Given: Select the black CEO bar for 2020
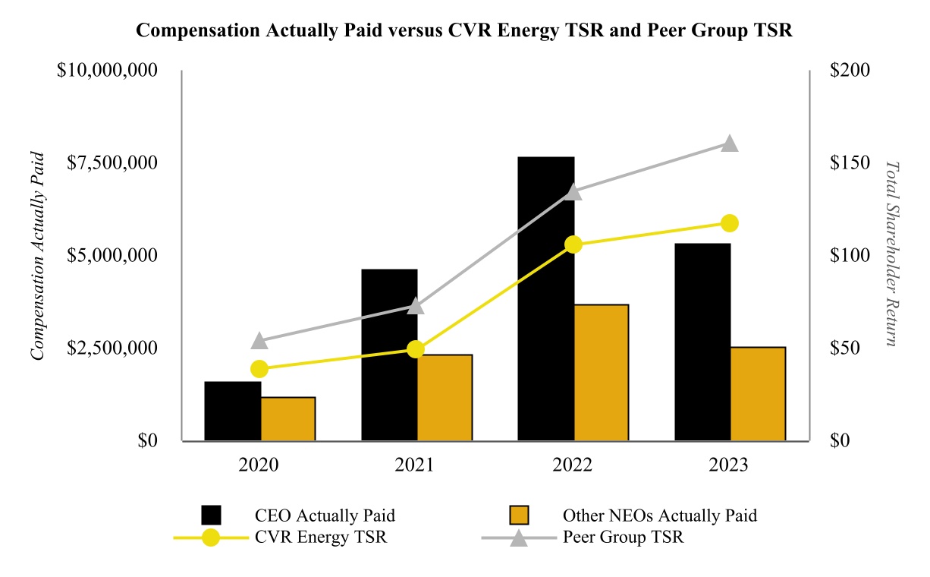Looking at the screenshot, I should (233, 411).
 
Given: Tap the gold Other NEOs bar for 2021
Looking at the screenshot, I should (445, 397).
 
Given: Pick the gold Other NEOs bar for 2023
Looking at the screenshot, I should (758, 393).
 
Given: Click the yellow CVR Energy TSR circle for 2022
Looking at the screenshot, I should (573, 244).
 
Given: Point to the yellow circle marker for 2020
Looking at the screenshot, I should (259, 369).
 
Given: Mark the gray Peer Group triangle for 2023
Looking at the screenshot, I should (729, 143).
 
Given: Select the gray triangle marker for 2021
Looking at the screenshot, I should (416, 306).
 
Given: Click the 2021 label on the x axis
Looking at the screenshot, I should (415, 465).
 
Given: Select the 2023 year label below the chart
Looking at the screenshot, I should (728, 465).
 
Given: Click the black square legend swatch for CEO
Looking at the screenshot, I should (212, 516).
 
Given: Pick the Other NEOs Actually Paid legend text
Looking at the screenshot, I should (659, 516).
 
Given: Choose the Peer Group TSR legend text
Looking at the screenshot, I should (623, 538).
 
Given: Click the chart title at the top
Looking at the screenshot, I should (463, 31).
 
